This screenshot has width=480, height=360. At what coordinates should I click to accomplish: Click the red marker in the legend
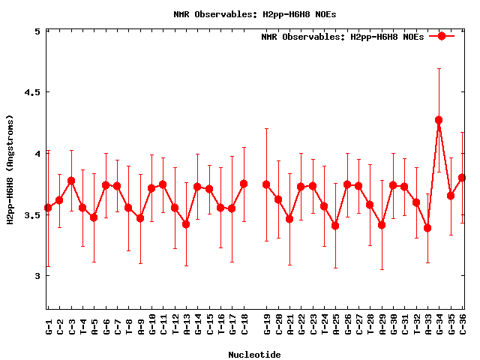click(442, 36)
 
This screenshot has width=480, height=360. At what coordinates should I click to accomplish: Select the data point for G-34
click(439, 120)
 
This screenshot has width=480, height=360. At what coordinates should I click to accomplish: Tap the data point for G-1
click(48, 208)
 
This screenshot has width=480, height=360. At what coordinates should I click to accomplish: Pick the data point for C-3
click(71, 181)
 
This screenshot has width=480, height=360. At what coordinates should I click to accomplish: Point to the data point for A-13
click(186, 224)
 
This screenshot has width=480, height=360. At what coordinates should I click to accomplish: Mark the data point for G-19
click(266, 184)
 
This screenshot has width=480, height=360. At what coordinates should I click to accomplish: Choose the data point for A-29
click(382, 225)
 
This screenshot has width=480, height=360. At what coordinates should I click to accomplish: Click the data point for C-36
click(462, 178)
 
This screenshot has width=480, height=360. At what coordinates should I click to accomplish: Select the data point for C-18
click(244, 184)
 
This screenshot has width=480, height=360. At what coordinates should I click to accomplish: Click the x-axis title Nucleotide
click(254, 355)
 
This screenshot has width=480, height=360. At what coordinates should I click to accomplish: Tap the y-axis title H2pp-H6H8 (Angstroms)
click(10, 169)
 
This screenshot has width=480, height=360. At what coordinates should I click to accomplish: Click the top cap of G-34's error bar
click(439, 68)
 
